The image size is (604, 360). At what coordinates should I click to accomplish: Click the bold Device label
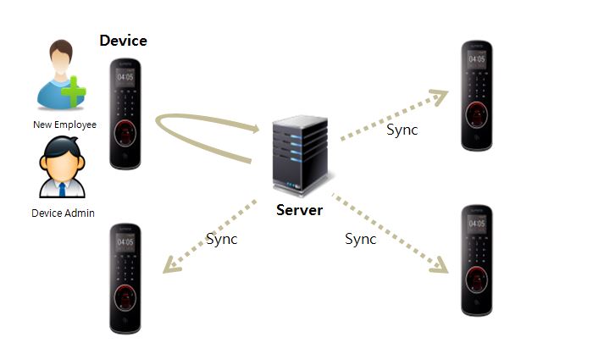tap(124, 40)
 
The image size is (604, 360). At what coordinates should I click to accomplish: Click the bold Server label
tap(299, 209)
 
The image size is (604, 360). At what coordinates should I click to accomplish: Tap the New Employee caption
tap(64, 125)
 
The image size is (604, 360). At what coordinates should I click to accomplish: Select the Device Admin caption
tap(63, 213)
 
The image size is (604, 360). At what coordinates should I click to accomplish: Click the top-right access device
tap(476, 96)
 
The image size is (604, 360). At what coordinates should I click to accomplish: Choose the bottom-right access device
tap(477, 259)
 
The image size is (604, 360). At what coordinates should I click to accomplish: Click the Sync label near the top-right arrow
tap(402, 130)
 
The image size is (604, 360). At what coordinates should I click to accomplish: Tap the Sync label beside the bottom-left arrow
tap(222, 239)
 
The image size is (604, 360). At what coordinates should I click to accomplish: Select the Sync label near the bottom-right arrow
tap(361, 239)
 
